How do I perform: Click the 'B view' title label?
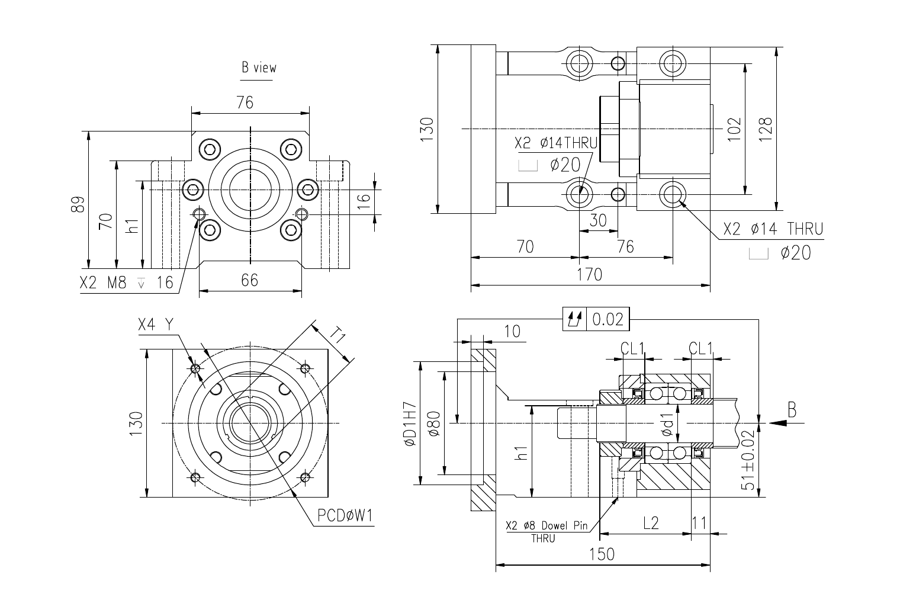259,68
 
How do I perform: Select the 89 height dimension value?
78,204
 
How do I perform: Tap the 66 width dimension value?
249,280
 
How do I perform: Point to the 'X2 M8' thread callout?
103,283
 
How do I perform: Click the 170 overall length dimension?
589,275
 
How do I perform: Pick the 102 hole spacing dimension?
734,129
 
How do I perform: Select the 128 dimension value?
766,129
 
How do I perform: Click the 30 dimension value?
598,220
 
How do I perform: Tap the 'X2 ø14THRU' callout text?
556,143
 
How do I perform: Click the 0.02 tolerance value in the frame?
608,319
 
